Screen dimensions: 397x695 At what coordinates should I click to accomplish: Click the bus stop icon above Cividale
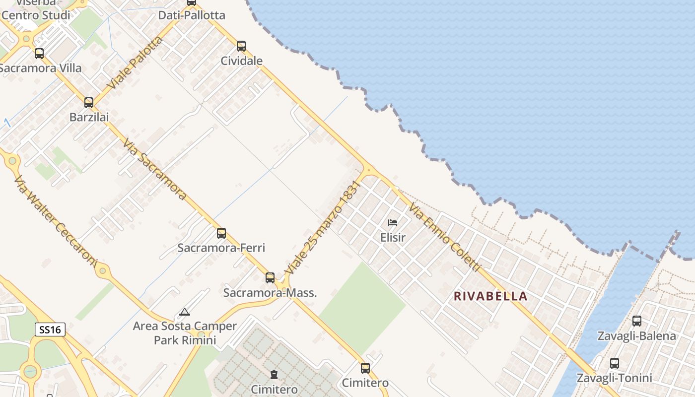(x=241, y=46)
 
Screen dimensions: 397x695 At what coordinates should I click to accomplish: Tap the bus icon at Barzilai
(x=89, y=103)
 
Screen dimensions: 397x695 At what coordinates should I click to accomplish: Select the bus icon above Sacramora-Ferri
(x=221, y=233)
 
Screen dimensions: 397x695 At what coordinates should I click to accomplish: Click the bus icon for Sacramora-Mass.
(x=270, y=277)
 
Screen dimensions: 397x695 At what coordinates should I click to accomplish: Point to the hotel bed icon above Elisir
(x=393, y=223)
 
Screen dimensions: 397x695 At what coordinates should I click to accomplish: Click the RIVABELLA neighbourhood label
(x=490, y=296)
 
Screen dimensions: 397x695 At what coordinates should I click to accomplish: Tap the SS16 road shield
(x=50, y=329)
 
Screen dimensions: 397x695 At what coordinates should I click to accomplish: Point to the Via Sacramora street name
(x=155, y=169)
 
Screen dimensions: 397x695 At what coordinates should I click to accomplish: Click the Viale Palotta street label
(x=135, y=63)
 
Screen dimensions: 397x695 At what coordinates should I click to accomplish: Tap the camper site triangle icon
(x=185, y=312)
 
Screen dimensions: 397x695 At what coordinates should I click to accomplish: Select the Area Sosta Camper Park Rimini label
(x=185, y=333)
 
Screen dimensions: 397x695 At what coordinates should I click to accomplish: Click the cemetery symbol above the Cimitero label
(x=274, y=374)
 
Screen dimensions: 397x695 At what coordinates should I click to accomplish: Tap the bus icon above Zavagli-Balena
(x=637, y=321)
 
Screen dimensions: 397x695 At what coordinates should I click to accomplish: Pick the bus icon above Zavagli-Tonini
(x=615, y=363)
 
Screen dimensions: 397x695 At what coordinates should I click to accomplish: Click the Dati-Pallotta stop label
(x=192, y=15)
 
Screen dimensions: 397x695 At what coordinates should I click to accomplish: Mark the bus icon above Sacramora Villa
(x=39, y=54)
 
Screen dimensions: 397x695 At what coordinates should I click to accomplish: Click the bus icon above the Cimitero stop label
(x=365, y=368)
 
